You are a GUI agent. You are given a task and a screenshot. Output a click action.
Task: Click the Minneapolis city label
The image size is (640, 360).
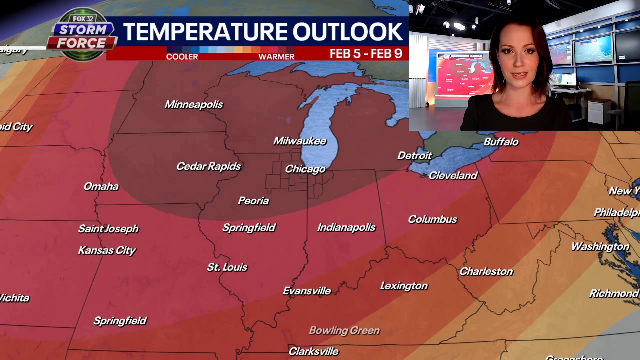click(x=194, y=104)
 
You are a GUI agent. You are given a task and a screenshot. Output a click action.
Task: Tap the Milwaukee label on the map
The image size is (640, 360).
click(x=300, y=141)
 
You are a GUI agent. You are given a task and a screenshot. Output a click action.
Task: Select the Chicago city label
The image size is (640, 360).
click(x=305, y=169)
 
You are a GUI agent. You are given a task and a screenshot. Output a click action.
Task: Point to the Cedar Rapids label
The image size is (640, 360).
click(x=209, y=166)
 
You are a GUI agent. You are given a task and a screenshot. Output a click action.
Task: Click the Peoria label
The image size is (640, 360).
click(x=253, y=201)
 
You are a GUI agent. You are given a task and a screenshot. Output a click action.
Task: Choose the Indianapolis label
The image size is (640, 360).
click(x=346, y=227)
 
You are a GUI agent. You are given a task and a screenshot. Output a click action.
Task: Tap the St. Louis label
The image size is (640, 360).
click(x=227, y=267)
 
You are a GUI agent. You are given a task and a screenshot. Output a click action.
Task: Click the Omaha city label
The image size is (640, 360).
click(x=101, y=186)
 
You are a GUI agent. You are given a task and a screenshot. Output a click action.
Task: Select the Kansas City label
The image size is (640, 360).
click(x=107, y=250)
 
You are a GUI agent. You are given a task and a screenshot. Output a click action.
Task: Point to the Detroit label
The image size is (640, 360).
click(x=414, y=156)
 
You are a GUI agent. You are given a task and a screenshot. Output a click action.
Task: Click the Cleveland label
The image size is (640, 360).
click(x=453, y=175)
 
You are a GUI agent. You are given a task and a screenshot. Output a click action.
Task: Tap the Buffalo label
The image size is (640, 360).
click(x=501, y=142)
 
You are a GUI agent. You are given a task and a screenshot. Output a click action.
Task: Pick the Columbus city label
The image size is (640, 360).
click(x=432, y=219)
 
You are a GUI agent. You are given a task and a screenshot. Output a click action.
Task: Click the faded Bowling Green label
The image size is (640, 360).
click(x=344, y=330)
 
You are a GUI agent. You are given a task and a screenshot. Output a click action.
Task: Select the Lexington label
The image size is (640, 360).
click(x=404, y=286)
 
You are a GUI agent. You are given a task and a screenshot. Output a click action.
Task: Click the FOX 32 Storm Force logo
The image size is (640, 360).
click(x=82, y=35)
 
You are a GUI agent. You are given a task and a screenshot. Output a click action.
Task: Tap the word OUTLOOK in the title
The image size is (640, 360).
click(x=347, y=32)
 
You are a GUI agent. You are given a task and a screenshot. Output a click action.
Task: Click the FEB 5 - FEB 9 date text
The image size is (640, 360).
click(x=366, y=54)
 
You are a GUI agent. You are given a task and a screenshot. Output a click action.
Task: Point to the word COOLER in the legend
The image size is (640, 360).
click(x=182, y=57)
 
